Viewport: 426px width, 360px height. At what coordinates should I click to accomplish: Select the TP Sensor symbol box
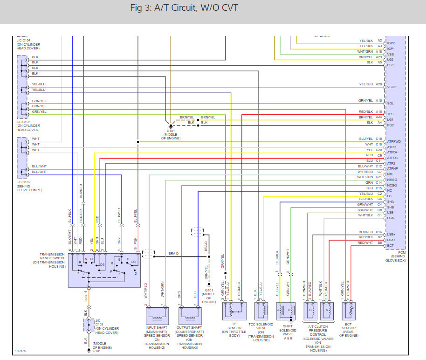click(x=234, y=310)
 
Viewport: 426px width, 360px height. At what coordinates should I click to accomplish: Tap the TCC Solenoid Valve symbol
click(x=261, y=310)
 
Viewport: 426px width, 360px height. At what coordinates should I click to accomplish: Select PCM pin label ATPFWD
click(x=394, y=141)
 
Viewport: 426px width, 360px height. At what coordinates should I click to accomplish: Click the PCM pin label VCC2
click(x=391, y=87)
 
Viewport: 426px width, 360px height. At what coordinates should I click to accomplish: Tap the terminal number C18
click(x=378, y=138)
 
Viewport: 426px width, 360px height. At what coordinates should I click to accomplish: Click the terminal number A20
click(x=379, y=84)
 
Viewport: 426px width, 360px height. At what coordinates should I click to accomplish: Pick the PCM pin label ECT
click(x=390, y=245)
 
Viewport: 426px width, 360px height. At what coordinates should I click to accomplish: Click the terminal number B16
click(x=378, y=232)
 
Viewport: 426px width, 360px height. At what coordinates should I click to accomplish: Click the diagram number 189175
click(x=21, y=351)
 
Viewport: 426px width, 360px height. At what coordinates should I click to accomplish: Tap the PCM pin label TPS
click(x=390, y=114)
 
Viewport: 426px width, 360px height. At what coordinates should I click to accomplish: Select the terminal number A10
click(x=379, y=101)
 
